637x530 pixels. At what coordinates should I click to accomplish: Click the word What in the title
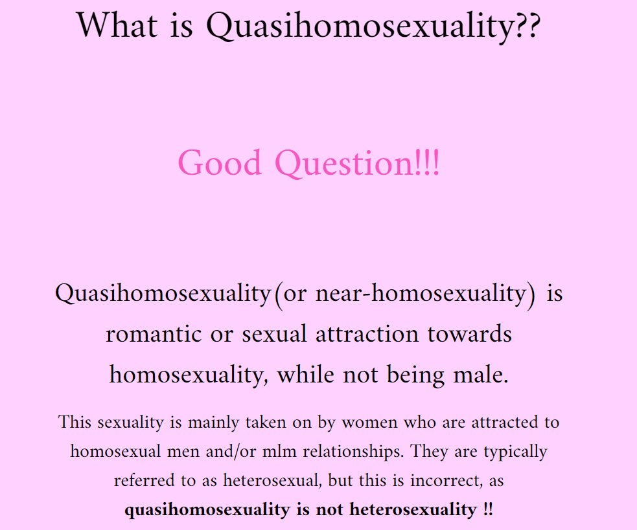tap(117, 25)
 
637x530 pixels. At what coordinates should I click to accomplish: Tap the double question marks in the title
tap(527, 25)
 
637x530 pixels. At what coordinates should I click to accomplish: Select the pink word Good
tap(220, 162)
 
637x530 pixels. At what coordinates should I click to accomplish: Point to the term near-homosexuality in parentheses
tap(421, 293)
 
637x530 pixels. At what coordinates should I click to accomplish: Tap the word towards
tap(470, 335)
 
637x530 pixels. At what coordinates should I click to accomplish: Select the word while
tap(305, 374)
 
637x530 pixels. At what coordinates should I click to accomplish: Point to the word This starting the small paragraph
tap(75, 422)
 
